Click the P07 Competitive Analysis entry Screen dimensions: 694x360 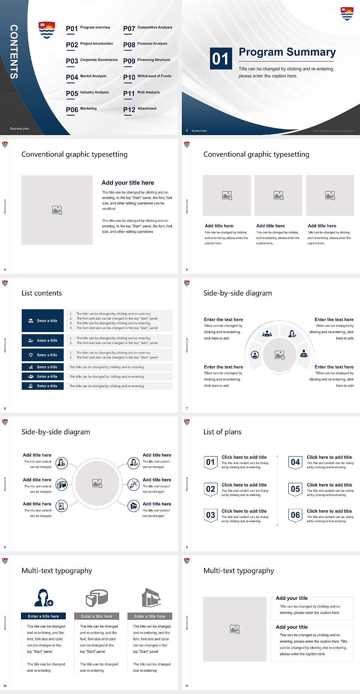click(147, 28)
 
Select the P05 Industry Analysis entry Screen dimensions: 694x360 click(87, 93)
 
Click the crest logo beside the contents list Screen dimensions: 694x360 click(47, 30)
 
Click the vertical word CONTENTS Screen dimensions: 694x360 click(14, 52)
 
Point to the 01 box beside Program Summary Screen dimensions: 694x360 click(220, 59)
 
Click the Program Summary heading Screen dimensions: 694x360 click(287, 52)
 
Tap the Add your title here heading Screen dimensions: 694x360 click(127, 183)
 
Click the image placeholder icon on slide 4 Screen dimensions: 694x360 click(57, 210)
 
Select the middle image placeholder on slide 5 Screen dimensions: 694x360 click(278, 195)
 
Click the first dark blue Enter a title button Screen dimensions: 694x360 click(43, 321)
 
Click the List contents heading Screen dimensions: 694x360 click(42, 293)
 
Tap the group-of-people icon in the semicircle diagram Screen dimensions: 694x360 click(267, 333)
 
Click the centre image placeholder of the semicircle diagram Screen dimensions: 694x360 click(279, 355)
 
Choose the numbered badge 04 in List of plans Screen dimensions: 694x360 click(295, 462)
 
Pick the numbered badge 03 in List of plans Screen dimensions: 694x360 click(210, 515)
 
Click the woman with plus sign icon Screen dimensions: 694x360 click(43, 598)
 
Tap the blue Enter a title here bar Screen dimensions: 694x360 click(43, 616)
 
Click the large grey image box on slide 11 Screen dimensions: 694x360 click(235, 629)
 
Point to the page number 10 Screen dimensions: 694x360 click(5, 686)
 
